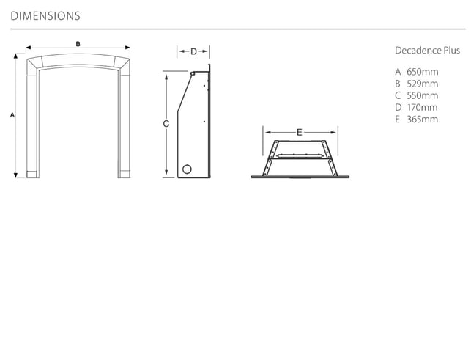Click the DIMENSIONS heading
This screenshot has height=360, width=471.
point(45,16)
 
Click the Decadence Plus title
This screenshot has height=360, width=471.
point(427,51)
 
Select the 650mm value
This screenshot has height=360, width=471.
point(423,72)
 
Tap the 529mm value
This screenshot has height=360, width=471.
point(423,84)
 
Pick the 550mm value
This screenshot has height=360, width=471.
point(423,95)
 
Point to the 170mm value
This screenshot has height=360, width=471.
point(423,107)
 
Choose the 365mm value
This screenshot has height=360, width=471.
point(423,120)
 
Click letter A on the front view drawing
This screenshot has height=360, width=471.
point(12,115)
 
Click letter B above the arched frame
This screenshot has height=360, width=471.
point(78,44)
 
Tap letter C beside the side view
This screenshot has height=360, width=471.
point(166,124)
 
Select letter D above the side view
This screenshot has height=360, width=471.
point(193,52)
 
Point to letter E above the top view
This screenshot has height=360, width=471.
point(300,132)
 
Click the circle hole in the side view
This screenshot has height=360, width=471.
point(187,169)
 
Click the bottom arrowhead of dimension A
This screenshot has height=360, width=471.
point(15,175)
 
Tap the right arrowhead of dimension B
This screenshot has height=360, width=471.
point(127,48)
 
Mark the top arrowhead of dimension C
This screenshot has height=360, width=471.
point(166,77)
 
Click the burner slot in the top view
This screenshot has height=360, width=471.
point(300,156)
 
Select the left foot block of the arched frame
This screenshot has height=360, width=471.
point(32,175)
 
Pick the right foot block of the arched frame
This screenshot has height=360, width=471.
point(125,175)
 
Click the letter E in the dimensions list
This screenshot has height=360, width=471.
point(398,120)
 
